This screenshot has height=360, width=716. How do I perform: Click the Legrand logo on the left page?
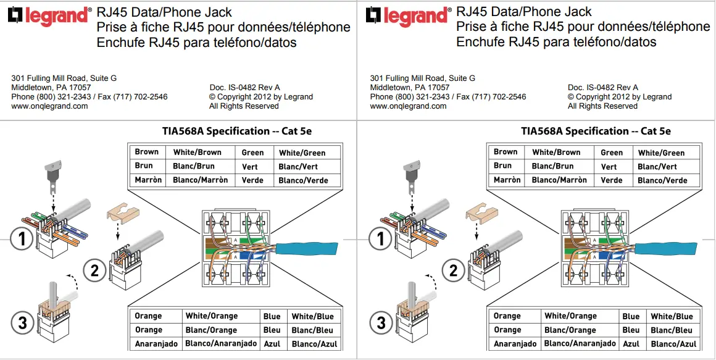point(49,15)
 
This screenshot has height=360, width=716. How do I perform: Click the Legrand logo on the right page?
point(407,15)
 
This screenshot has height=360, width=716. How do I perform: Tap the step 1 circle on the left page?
point(23,239)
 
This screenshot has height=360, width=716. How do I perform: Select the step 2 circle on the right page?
point(453,270)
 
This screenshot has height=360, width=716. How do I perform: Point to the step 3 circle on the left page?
point(23,322)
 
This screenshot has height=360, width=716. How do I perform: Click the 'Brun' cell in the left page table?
point(144,166)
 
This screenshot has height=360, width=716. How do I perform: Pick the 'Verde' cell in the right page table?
point(612,180)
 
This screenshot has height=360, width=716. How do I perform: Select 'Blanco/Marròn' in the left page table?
point(201,180)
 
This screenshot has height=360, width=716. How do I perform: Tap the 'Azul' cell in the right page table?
point(631,343)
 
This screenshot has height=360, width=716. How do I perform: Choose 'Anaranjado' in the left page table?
point(156,343)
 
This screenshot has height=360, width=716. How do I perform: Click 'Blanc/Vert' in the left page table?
point(298,167)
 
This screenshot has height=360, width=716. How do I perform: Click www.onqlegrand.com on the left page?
point(49,106)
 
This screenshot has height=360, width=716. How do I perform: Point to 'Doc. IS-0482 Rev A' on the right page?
point(603,88)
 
